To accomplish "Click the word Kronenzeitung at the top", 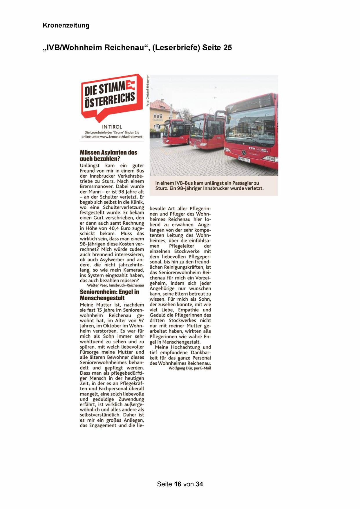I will pyautogui.click(x=66, y=26).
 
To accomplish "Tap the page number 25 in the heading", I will pyautogui.click(x=228, y=48).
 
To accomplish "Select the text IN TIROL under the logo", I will pyautogui.click(x=112, y=127).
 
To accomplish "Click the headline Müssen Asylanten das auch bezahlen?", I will pyautogui.click(x=108, y=156).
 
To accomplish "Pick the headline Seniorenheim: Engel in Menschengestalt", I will pyautogui.click(x=109, y=295).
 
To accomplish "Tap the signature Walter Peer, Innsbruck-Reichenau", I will pyautogui.click(x=115, y=286).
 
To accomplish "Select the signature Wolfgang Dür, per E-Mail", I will pyautogui.click(x=189, y=368).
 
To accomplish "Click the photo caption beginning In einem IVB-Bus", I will pyautogui.click(x=209, y=186).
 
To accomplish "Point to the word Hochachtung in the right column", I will pyautogui.click(x=185, y=347).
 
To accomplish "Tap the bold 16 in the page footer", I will pyautogui.click(x=178, y=484).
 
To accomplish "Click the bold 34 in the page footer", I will pyautogui.click(x=199, y=484).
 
